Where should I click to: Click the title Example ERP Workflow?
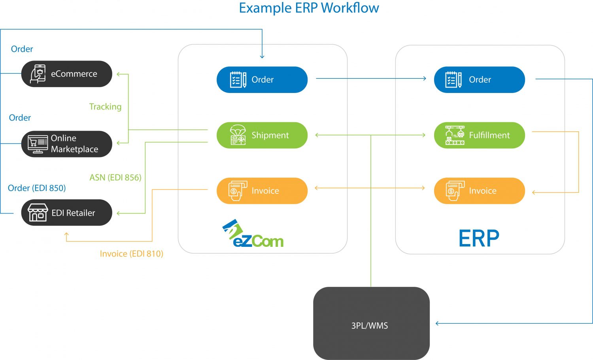[309, 8]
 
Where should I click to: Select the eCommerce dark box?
[66, 74]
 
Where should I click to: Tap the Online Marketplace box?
[66, 144]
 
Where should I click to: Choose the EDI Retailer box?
[66, 213]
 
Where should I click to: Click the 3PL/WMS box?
[371, 324]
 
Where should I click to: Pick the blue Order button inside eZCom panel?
[262, 80]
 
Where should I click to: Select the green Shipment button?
[262, 135]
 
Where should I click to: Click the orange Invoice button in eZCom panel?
[262, 191]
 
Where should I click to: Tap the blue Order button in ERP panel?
[479, 80]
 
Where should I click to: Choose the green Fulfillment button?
[479, 135]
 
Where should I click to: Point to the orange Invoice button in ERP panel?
[479, 191]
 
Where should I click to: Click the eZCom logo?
[253, 234]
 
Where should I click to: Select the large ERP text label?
[479, 239]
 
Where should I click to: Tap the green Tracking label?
[105, 107]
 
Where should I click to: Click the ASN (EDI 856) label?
[115, 178]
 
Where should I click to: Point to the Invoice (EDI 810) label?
[131, 254]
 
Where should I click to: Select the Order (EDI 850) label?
[37, 188]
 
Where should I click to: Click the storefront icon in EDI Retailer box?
[38, 213]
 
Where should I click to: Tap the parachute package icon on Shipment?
[238, 135]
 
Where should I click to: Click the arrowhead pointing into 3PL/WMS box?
[437, 324]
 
